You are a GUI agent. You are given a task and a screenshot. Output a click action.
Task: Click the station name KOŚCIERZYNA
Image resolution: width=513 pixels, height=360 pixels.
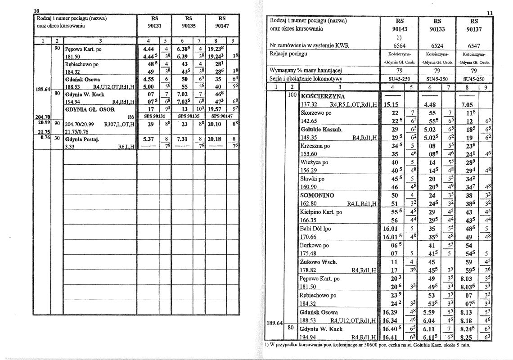(322, 96)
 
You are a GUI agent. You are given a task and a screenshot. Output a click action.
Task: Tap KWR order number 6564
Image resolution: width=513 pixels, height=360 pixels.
(400, 45)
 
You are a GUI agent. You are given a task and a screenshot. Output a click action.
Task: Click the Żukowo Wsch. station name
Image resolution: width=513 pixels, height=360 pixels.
(319, 262)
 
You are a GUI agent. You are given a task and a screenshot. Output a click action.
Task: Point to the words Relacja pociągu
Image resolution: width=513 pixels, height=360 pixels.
(288, 54)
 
